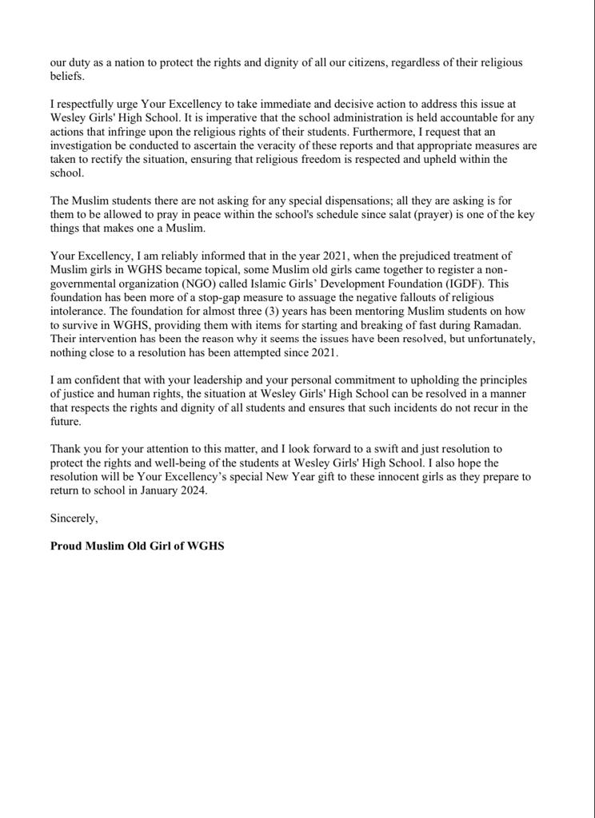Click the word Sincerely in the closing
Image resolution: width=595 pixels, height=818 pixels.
pos(74,518)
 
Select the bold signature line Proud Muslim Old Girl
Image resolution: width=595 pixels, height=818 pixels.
pos(137,546)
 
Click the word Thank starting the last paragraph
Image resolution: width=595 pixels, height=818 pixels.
pos(67,450)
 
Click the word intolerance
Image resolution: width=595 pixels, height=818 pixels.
pos(80,312)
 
